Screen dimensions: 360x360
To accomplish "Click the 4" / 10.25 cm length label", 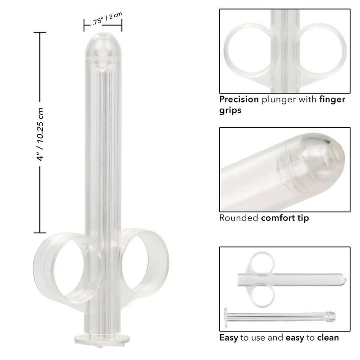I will click(x=40, y=132).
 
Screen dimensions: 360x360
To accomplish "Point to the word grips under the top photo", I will click(x=230, y=110).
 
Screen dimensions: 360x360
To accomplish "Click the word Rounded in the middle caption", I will click(x=238, y=218).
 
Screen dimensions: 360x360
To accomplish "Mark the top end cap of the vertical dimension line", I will click(x=40, y=33).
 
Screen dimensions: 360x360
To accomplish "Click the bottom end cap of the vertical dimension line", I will click(x=40, y=232).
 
